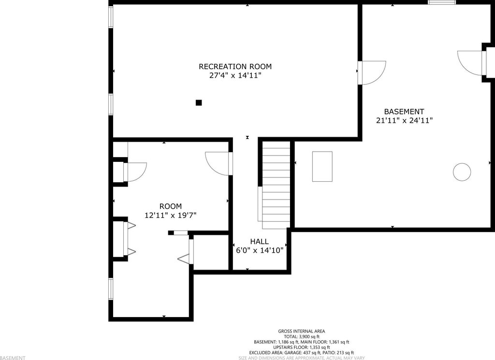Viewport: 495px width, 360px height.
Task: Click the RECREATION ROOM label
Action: point(235,67)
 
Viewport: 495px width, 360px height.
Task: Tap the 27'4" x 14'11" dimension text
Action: point(235,76)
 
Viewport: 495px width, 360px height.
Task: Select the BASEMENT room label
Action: point(404,112)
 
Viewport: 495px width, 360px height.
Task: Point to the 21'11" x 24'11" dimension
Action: point(405,120)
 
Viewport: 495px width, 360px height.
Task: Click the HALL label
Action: point(260,242)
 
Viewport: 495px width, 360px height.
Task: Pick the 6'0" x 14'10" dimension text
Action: point(260,250)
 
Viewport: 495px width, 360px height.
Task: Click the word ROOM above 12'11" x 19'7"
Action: point(171,206)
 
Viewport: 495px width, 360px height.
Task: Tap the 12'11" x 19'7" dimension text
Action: point(171,216)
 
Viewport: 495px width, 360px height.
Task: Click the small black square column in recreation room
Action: point(199,102)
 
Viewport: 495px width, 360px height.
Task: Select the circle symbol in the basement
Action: point(462,172)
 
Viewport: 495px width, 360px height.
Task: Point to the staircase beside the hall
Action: point(276,185)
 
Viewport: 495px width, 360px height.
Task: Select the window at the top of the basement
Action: point(442,2)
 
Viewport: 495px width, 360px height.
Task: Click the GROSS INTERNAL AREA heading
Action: point(302,331)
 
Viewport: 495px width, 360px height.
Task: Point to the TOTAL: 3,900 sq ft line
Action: point(302,337)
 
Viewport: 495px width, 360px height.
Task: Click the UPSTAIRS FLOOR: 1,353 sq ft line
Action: point(302,347)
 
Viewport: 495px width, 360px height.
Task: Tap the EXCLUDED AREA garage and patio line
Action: point(302,353)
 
